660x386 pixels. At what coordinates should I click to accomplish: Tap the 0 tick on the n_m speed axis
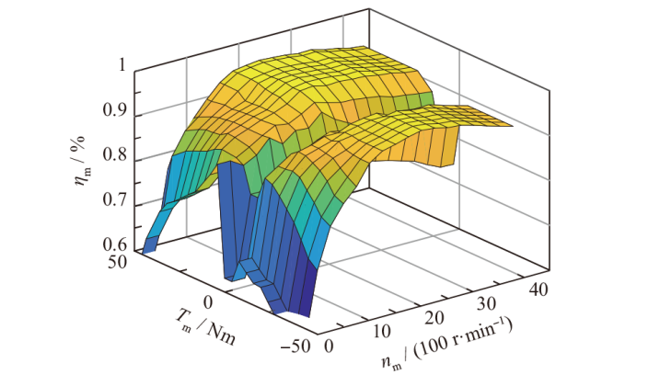tap(330, 346)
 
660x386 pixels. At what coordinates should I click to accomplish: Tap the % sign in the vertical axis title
tap(84, 135)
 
